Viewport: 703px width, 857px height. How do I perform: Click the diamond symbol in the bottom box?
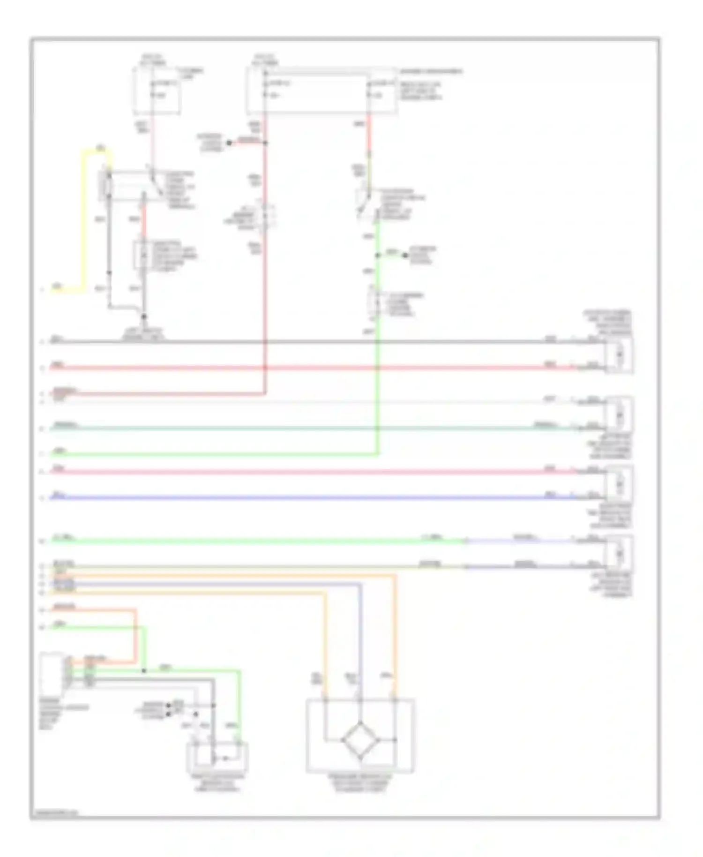click(360, 740)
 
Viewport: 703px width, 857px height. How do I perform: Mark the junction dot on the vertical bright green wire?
click(378, 256)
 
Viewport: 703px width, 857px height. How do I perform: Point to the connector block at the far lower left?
click(52, 673)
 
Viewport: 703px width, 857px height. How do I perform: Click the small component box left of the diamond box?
click(217, 757)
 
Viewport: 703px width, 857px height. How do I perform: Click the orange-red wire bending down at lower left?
click(135, 633)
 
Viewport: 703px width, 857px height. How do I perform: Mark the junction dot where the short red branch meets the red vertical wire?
click(265, 143)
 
